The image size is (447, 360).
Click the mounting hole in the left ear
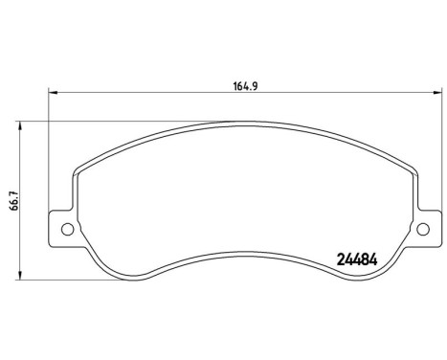click(66, 229)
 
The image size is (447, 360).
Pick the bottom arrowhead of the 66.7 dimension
click(20, 279)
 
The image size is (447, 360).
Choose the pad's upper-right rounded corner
click(409, 159)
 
